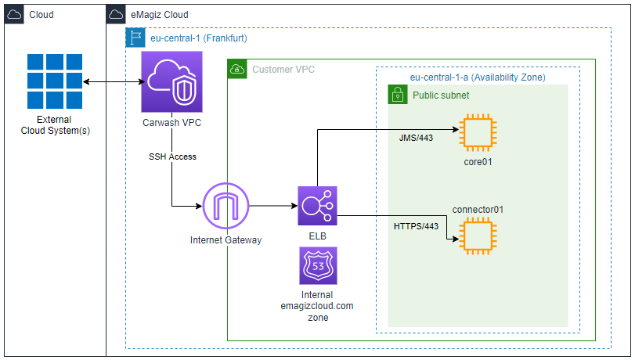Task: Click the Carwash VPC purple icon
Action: [x=171, y=82]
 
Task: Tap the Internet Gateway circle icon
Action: [x=225, y=207]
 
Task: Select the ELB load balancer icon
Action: [x=317, y=207]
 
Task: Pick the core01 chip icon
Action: [x=477, y=133]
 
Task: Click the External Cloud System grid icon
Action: [x=54, y=82]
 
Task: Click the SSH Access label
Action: [x=172, y=157]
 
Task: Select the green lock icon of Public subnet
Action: [x=398, y=95]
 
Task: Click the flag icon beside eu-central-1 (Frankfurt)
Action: [x=135, y=38]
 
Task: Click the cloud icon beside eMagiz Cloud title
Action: [x=116, y=15]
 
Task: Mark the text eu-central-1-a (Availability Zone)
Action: [x=478, y=77]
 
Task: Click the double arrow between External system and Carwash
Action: [x=112, y=82]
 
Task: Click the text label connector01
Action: [x=478, y=210]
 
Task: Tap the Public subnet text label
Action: [x=442, y=95]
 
